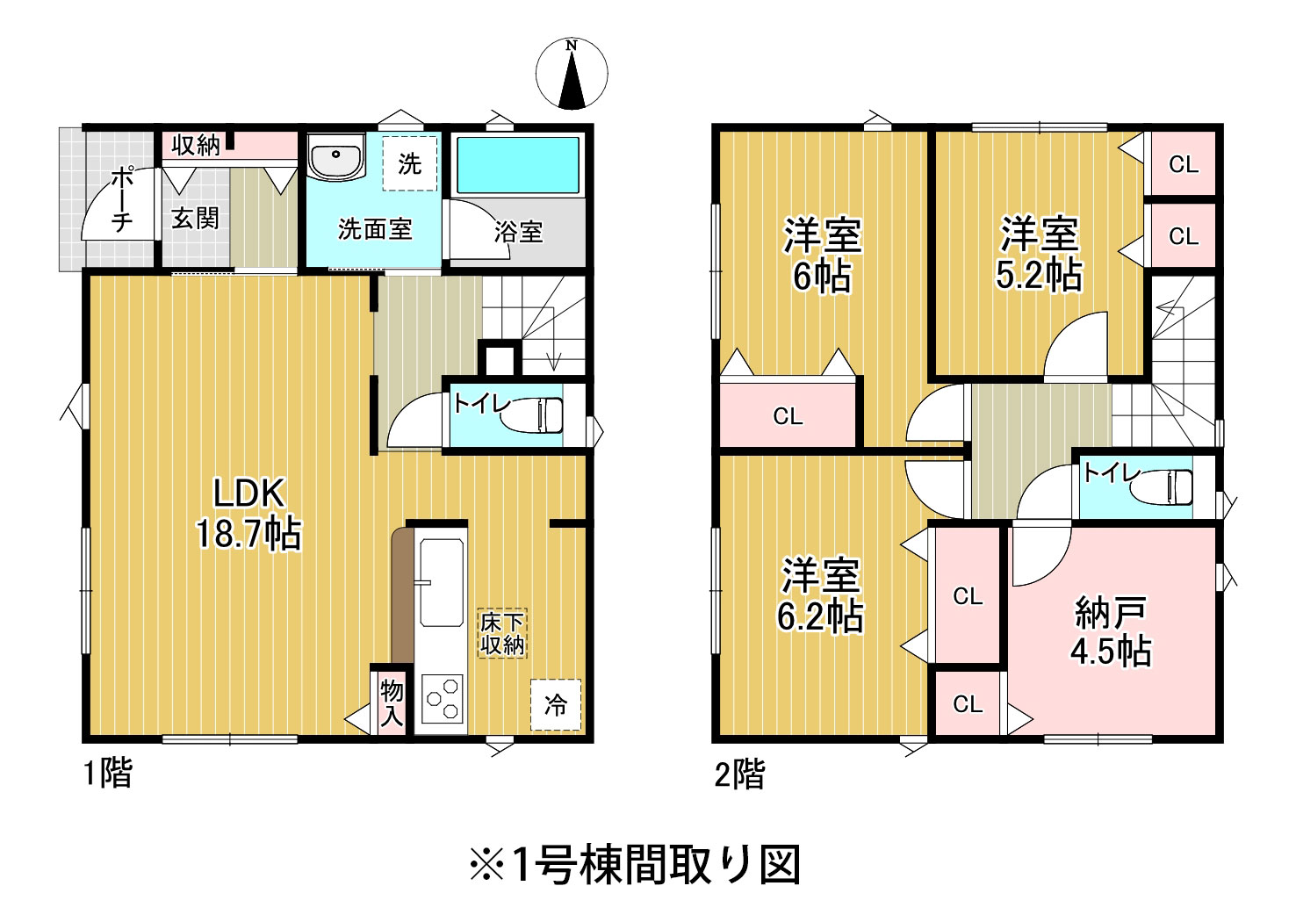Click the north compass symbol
tap(572, 74)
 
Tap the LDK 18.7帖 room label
tap(248, 513)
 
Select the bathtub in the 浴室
tap(518, 165)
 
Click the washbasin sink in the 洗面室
tap(335, 156)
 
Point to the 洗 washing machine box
tap(410, 164)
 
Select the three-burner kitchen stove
tap(442, 699)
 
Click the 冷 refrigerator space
tap(556, 704)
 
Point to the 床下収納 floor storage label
tap(502, 634)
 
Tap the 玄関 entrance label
tap(195, 219)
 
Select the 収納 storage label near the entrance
tap(196, 145)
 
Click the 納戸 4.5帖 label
tap(1110, 632)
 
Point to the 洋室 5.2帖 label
tap(1039, 254)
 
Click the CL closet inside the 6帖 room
tap(788, 415)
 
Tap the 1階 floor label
tap(108, 773)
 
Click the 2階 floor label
tap(739, 774)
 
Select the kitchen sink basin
tap(442, 583)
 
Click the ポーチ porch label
tap(122, 198)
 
